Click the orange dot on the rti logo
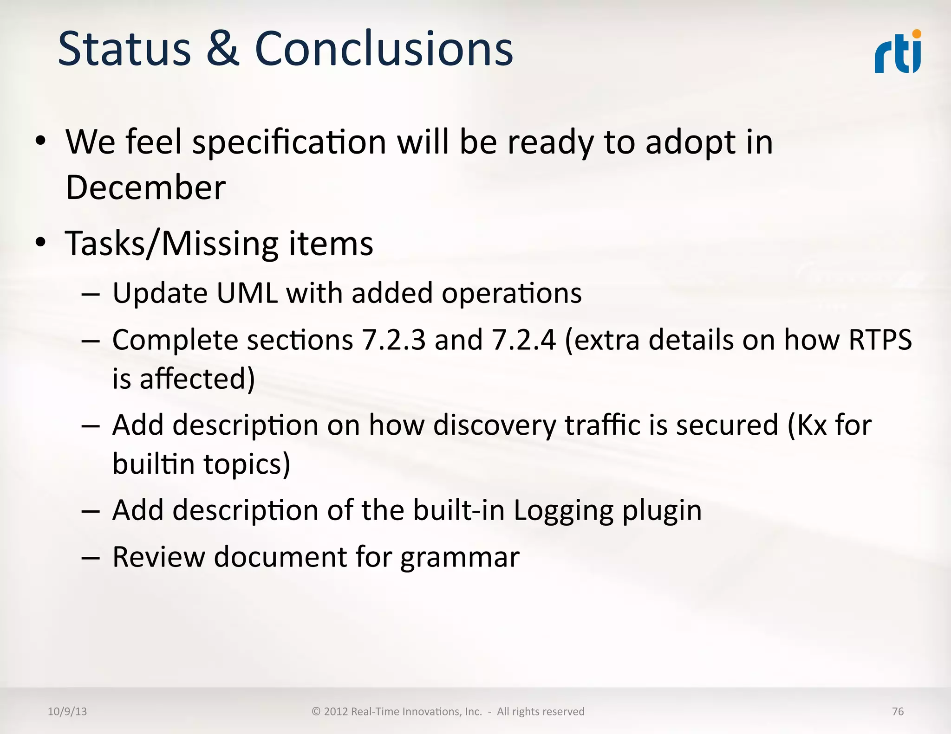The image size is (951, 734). point(916,34)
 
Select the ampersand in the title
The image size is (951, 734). point(222,48)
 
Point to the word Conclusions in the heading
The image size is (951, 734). point(384,48)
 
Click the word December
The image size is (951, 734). point(146,187)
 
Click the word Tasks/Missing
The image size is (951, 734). point(172,244)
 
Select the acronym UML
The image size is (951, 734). point(247,293)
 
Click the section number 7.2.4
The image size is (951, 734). point(524,340)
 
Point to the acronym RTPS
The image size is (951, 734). point(879,340)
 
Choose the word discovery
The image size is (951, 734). point(494,425)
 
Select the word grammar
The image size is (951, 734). point(460,557)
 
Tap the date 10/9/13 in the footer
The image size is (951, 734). point(67,711)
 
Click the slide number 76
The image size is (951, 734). point(898,711)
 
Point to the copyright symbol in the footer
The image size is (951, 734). point(316,711)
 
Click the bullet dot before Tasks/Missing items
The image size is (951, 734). point(41,242)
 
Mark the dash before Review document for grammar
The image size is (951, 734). point(90,557)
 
